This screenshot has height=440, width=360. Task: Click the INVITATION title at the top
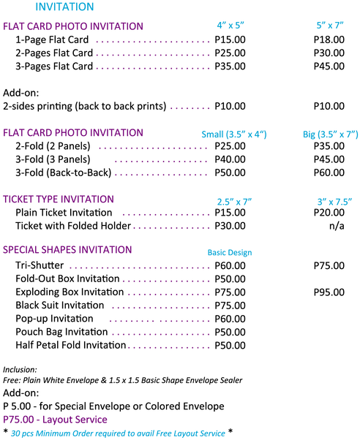point(64,7)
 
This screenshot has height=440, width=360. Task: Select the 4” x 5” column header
point(230,26)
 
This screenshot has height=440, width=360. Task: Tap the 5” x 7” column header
point(330,26)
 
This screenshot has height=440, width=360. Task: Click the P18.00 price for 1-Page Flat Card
point(329,39)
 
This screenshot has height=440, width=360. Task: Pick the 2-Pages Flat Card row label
point(54,53)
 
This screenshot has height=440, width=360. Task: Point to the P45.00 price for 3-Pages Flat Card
point(329,67)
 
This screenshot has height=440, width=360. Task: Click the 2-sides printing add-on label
point(85,107)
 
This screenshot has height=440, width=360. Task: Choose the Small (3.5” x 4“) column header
point(234,134)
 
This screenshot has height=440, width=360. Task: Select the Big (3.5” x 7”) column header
point(331,134)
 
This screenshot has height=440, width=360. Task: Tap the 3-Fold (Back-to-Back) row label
point(64,172)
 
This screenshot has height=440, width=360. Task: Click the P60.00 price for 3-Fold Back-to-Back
point(329,172)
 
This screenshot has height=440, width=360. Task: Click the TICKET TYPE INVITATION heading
point(59,200)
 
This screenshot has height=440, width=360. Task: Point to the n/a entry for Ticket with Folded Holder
point(337,226)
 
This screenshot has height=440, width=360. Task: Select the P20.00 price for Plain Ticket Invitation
point(329,213)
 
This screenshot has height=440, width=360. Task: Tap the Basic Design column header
point(230,253)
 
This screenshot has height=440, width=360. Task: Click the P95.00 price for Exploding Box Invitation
point(329,292)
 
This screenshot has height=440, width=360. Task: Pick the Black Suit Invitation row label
point(60,306)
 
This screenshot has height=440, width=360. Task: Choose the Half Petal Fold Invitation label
point(71,345)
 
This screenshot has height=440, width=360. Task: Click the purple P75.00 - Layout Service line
point(55,420)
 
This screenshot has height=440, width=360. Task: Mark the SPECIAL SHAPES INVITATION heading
point(67,250)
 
